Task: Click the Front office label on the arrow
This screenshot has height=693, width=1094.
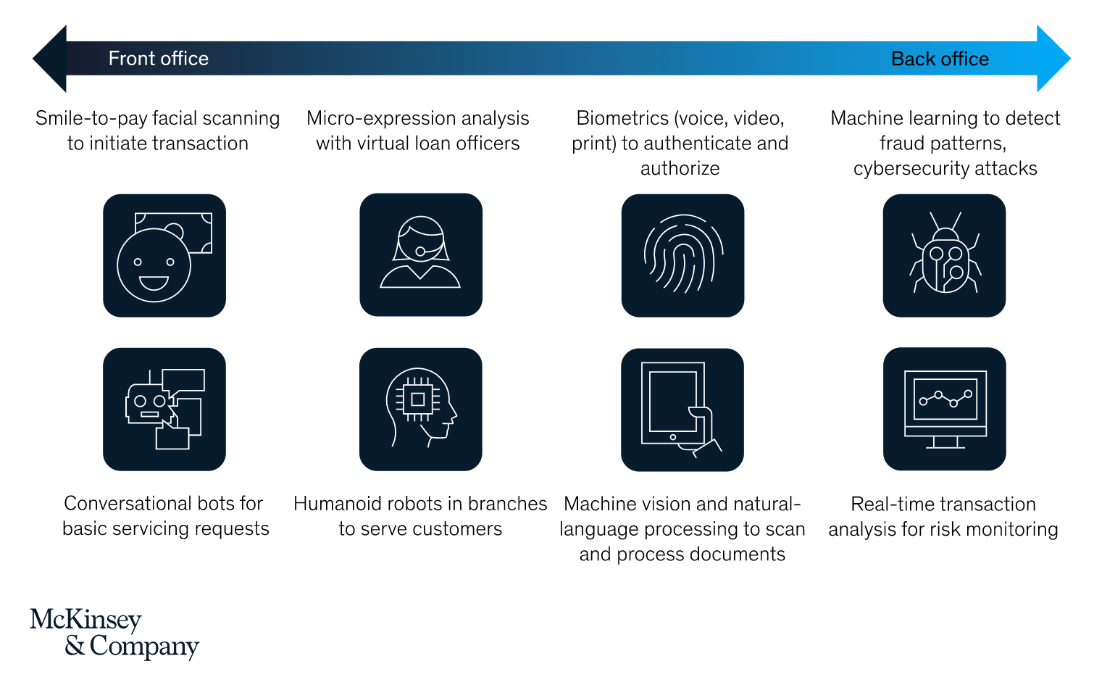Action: point(158,59)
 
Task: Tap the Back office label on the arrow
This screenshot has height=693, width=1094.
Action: point(940,59)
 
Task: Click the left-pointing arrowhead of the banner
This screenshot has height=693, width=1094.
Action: point(49,59)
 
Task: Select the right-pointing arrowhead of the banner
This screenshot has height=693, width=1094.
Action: point(1054,59)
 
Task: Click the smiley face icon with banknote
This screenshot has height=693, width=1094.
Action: point(164,256)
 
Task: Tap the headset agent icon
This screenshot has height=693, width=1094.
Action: point(421,254)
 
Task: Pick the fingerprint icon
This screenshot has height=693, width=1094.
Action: point(682,256)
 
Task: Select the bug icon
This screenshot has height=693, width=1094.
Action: point(945,256)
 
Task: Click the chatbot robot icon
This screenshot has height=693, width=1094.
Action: point(164,410)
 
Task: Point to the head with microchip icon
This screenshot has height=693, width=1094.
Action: point(420,410)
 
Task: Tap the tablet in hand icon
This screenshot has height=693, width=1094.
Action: point(682,410)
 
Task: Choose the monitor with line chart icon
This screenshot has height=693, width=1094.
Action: point(945,409)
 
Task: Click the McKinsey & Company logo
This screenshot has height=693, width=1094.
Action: point(114,634)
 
